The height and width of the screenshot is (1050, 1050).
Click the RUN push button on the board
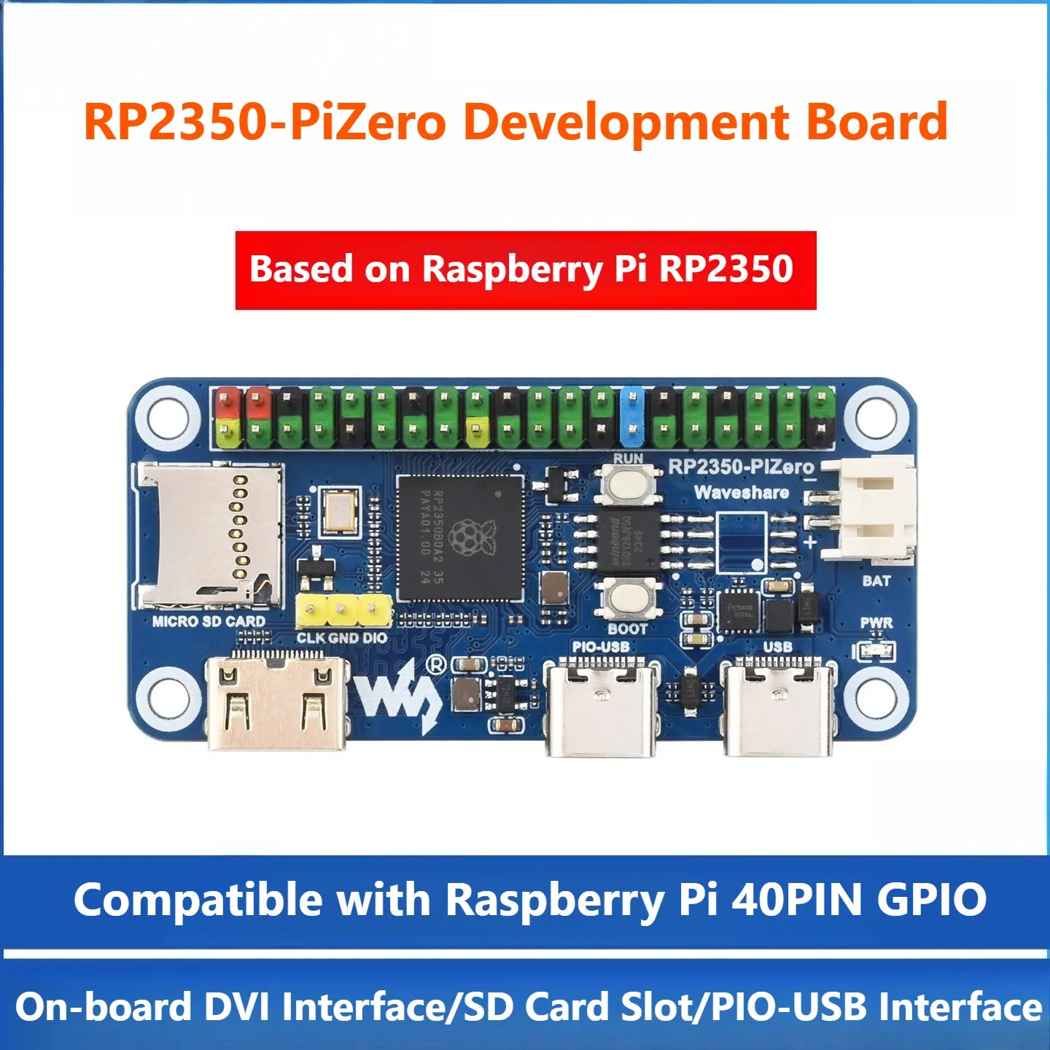pyautogui.click(x=627, y=483)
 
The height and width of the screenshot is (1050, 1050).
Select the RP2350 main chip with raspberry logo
pyautogui.click(x=460, y=538)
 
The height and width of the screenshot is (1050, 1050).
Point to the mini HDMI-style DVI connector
pyautogui.click(x=277, y=703)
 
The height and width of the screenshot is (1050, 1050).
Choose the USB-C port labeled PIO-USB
pyautogui.click(x=602, y=707)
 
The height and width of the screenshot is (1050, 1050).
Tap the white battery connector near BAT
pyautogui.click(x=871, y=508)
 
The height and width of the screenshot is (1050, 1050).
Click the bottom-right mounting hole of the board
pyautogui.click(x=878, y=696)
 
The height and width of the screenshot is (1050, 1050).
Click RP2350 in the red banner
pyautogui.click(x=726, y=269)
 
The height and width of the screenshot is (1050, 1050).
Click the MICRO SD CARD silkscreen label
pyautogui.click(x=209, y=621)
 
